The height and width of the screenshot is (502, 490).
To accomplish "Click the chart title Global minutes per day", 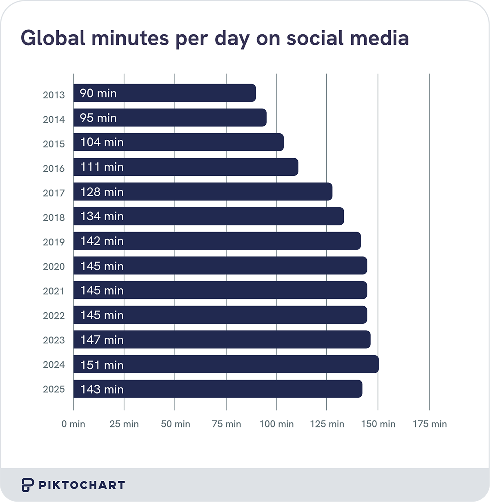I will (x=214, y=39).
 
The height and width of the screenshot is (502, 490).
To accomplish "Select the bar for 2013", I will (x=165, y=93).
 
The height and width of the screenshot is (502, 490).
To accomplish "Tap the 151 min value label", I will (x=102, y=365).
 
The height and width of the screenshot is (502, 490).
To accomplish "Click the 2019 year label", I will (x=53, y=242).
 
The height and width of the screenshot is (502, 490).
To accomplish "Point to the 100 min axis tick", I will (x=276, y=424).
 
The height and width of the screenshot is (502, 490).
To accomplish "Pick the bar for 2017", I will (x=203, y=192).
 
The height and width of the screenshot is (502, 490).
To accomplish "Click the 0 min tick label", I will (x=73, y=424).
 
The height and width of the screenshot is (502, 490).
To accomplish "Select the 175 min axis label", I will (x=430, y=424).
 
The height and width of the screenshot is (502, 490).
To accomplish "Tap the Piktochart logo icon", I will (x=27, y=485).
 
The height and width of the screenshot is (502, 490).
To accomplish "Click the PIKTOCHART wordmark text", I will (x=82, y=485).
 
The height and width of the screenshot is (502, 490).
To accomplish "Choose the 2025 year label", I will (x=53, y=389).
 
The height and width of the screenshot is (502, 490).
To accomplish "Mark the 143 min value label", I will (x=102, y=389).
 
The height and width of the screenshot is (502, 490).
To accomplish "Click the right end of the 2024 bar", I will (x=376, y=364).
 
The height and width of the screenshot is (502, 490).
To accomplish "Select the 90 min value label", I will (x=98, y=93).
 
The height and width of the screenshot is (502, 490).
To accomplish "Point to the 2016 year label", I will (x=53, y=168).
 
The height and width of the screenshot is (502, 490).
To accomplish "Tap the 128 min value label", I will (x=102, y=192).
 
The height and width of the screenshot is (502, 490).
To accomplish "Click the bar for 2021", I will (x=220, y=290).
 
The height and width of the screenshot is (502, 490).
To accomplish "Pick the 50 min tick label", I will (x=175, y=424).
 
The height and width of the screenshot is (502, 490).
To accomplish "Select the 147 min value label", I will (x=102, y=340).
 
